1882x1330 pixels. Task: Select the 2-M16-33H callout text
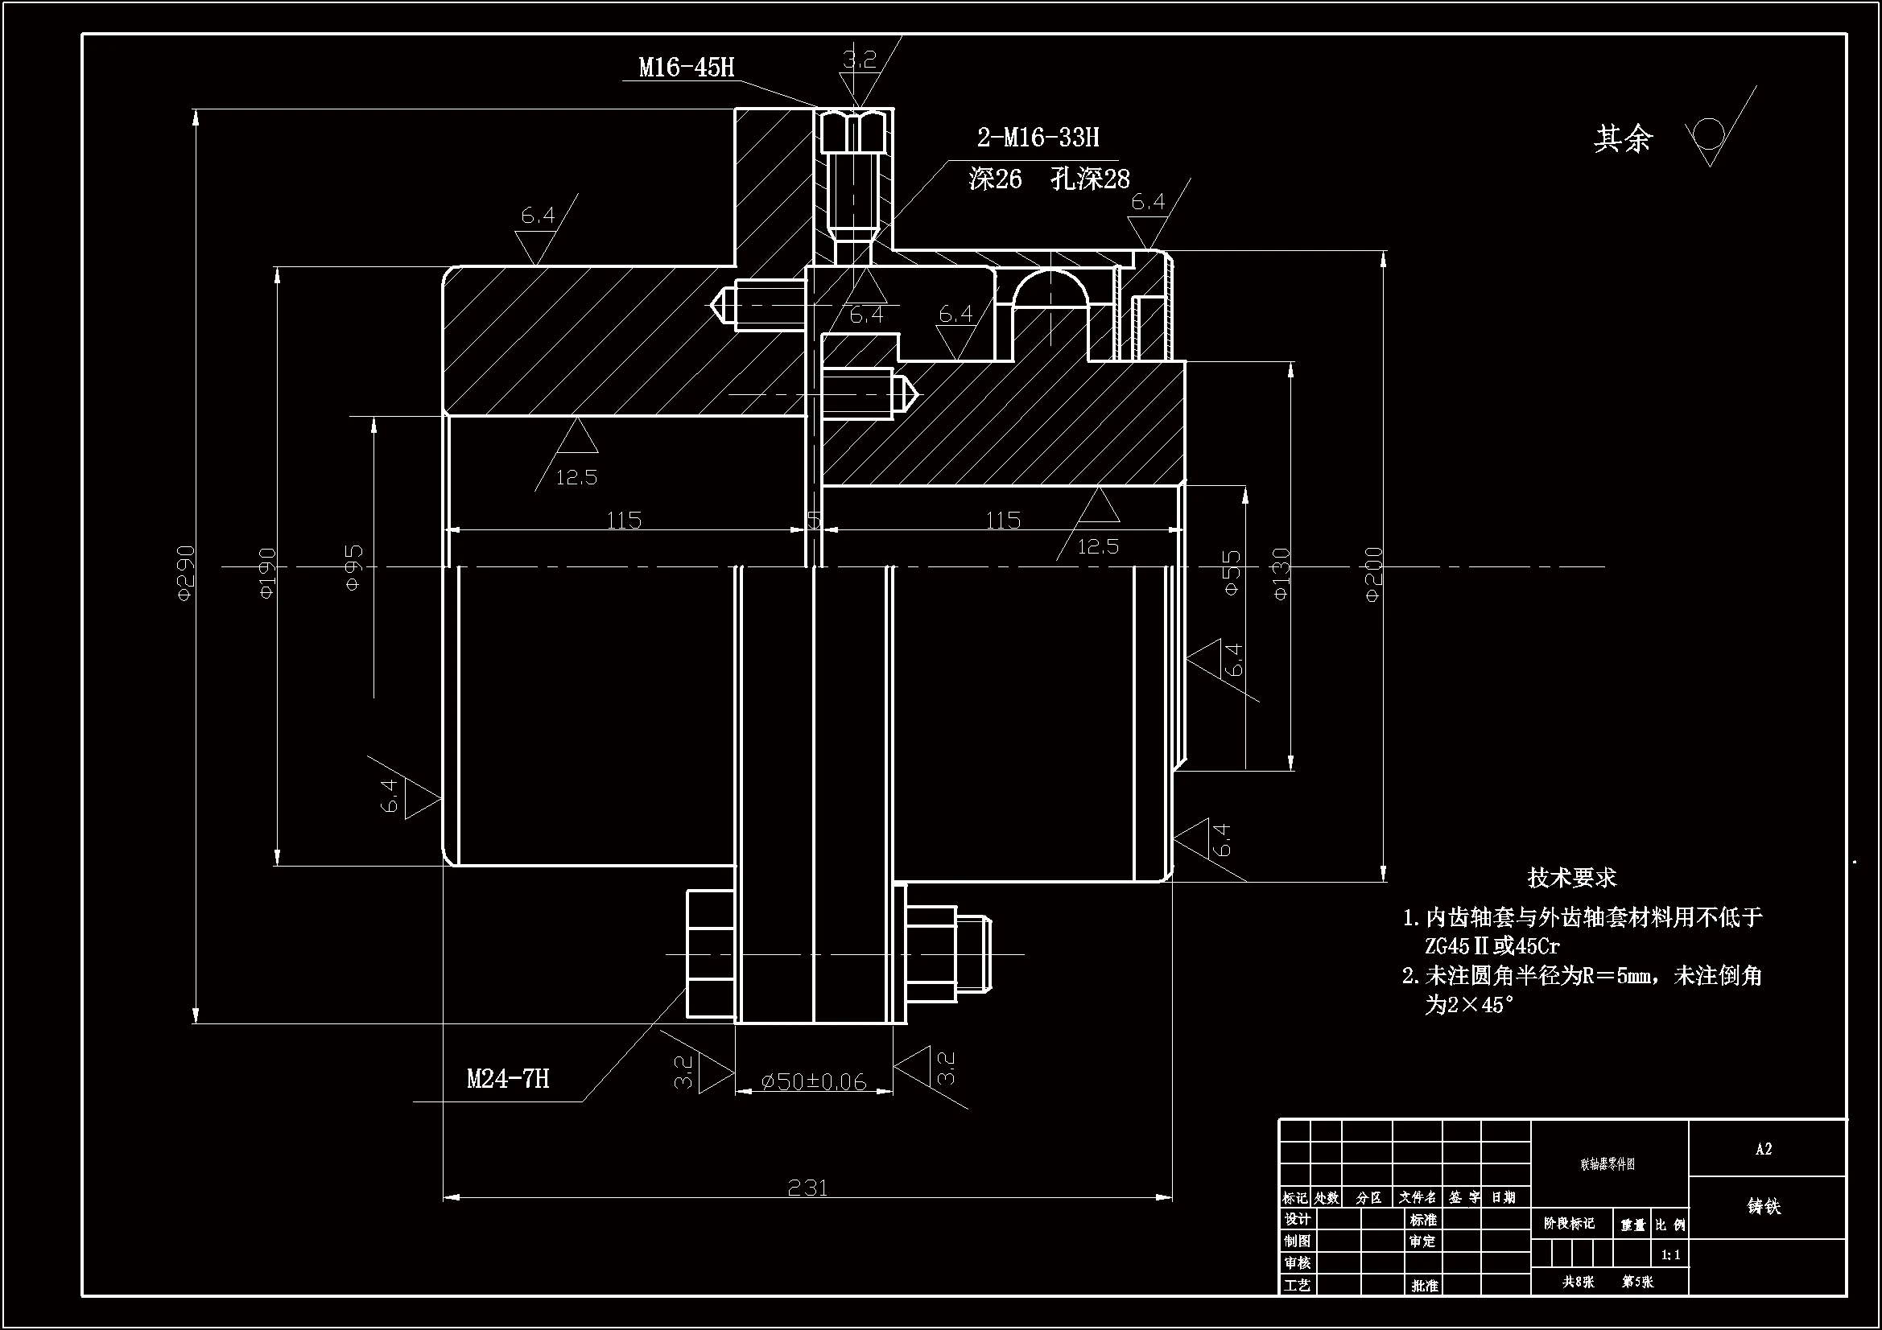point(1038,137)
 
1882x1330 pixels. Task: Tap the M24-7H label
point(507,1078)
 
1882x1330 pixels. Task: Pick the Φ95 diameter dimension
point(353,568)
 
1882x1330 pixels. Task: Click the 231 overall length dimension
point(807,1188)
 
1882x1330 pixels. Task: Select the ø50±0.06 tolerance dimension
point(814,1081)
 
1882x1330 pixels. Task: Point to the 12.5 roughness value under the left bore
point(576,477)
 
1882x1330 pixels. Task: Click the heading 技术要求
point(1571,878)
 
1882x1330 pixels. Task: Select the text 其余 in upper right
point(1622,138)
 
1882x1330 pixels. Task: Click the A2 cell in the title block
point(1764,1149)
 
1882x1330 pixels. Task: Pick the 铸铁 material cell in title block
point(1764,1206)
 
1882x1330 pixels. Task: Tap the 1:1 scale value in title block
point(1670,1254)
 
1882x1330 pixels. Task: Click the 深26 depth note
point(995,179)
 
